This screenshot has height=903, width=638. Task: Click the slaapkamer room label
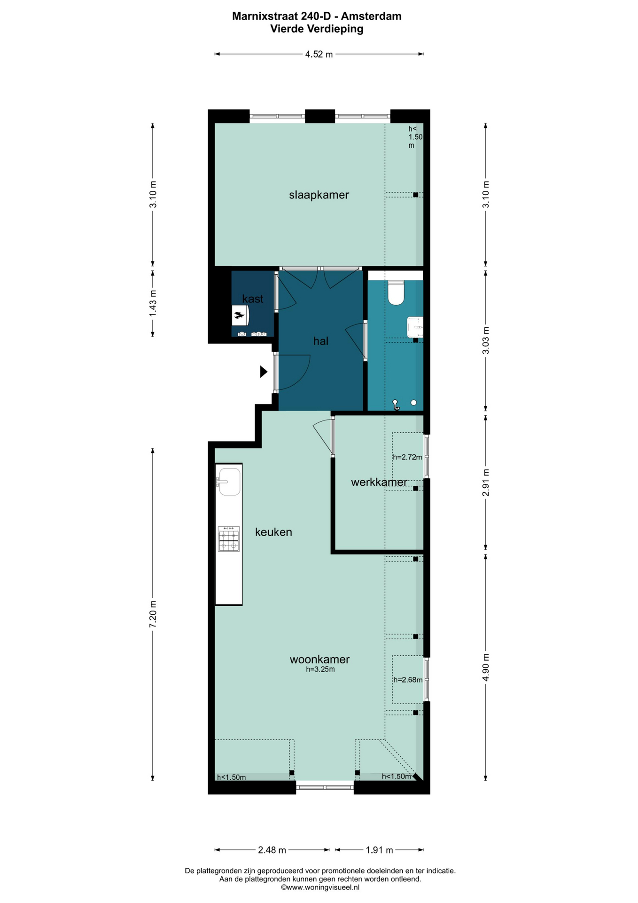[319, 195]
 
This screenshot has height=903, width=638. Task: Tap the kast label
[253, 299]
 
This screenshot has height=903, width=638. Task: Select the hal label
[321, 341]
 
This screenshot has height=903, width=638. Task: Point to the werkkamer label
[379, 482]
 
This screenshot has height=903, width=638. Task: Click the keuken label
[273, 532]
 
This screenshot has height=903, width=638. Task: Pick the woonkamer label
[319, 659]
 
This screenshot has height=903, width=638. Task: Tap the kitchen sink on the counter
[229, 481]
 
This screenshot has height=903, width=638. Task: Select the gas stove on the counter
[229, 539]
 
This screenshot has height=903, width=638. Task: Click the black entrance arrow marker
[264, 372]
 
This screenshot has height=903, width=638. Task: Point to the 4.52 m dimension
[319, 54]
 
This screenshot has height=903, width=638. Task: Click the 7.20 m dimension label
[153, 614]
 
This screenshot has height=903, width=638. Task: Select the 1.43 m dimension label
[153, 303]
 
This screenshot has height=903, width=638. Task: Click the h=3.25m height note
[320, 669]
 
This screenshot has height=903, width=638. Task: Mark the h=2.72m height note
[407, 457]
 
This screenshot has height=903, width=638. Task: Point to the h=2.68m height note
[408, 680]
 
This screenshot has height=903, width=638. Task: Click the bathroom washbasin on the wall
[415, 326]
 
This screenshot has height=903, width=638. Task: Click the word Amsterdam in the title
[371, 16]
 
